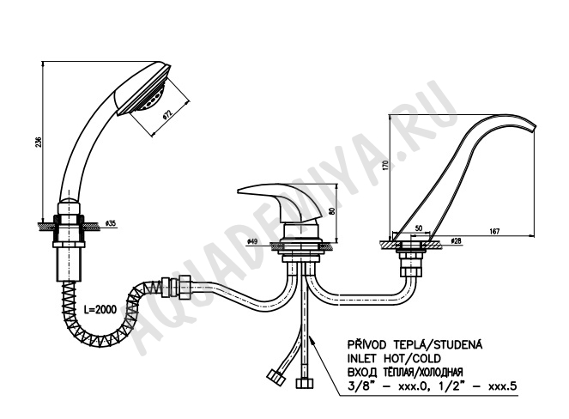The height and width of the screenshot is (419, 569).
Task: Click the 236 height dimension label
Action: coord(39,142)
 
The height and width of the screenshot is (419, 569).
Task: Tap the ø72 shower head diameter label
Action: coord(167,113)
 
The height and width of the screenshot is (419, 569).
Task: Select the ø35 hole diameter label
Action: coord(111,223)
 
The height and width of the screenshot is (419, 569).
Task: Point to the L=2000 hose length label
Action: coord(100,309)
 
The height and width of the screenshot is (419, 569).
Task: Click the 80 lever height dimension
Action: coord(331,212)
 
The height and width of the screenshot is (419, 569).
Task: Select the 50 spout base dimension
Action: coord(419,228)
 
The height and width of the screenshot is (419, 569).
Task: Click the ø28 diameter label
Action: coord(456,240)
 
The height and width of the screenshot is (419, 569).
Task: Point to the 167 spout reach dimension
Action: coord(494,231)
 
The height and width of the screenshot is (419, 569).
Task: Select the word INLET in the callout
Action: coord(361,358)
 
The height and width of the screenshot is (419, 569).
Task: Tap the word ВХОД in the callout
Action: coord(361,372)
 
